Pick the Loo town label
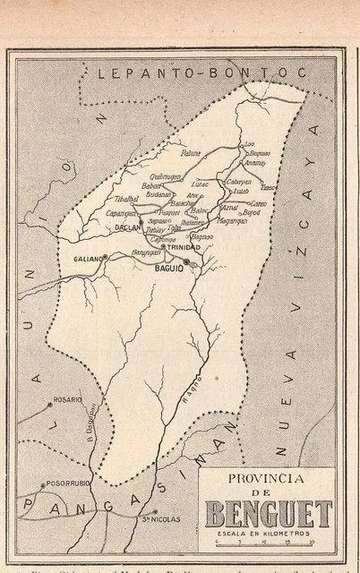pos(250,143)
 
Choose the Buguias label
pos(259,153)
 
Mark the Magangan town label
pos(232,220)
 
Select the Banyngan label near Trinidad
pos(147,253)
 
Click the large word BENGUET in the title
pos(269,514)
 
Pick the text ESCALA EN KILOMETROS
pos(268,533)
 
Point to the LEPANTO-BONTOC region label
pos(201,73)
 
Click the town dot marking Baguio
pos(186,261)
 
